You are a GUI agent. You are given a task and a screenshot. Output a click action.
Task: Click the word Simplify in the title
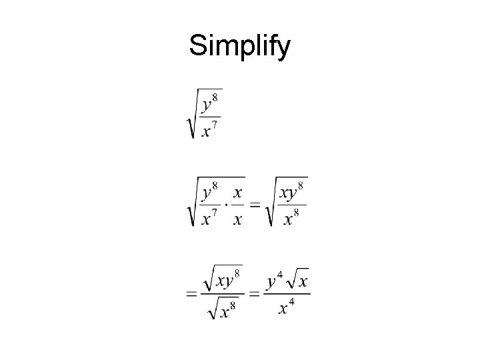239,47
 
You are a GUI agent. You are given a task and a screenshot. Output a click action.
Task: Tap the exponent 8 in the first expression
215,98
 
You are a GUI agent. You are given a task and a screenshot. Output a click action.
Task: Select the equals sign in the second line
253,203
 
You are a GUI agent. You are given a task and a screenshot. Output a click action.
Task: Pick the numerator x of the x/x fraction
237,191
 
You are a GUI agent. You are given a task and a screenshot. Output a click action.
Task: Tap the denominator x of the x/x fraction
237,218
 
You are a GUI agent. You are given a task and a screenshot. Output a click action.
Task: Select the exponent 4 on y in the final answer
279,274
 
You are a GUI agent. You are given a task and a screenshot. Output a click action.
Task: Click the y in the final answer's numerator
271,282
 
